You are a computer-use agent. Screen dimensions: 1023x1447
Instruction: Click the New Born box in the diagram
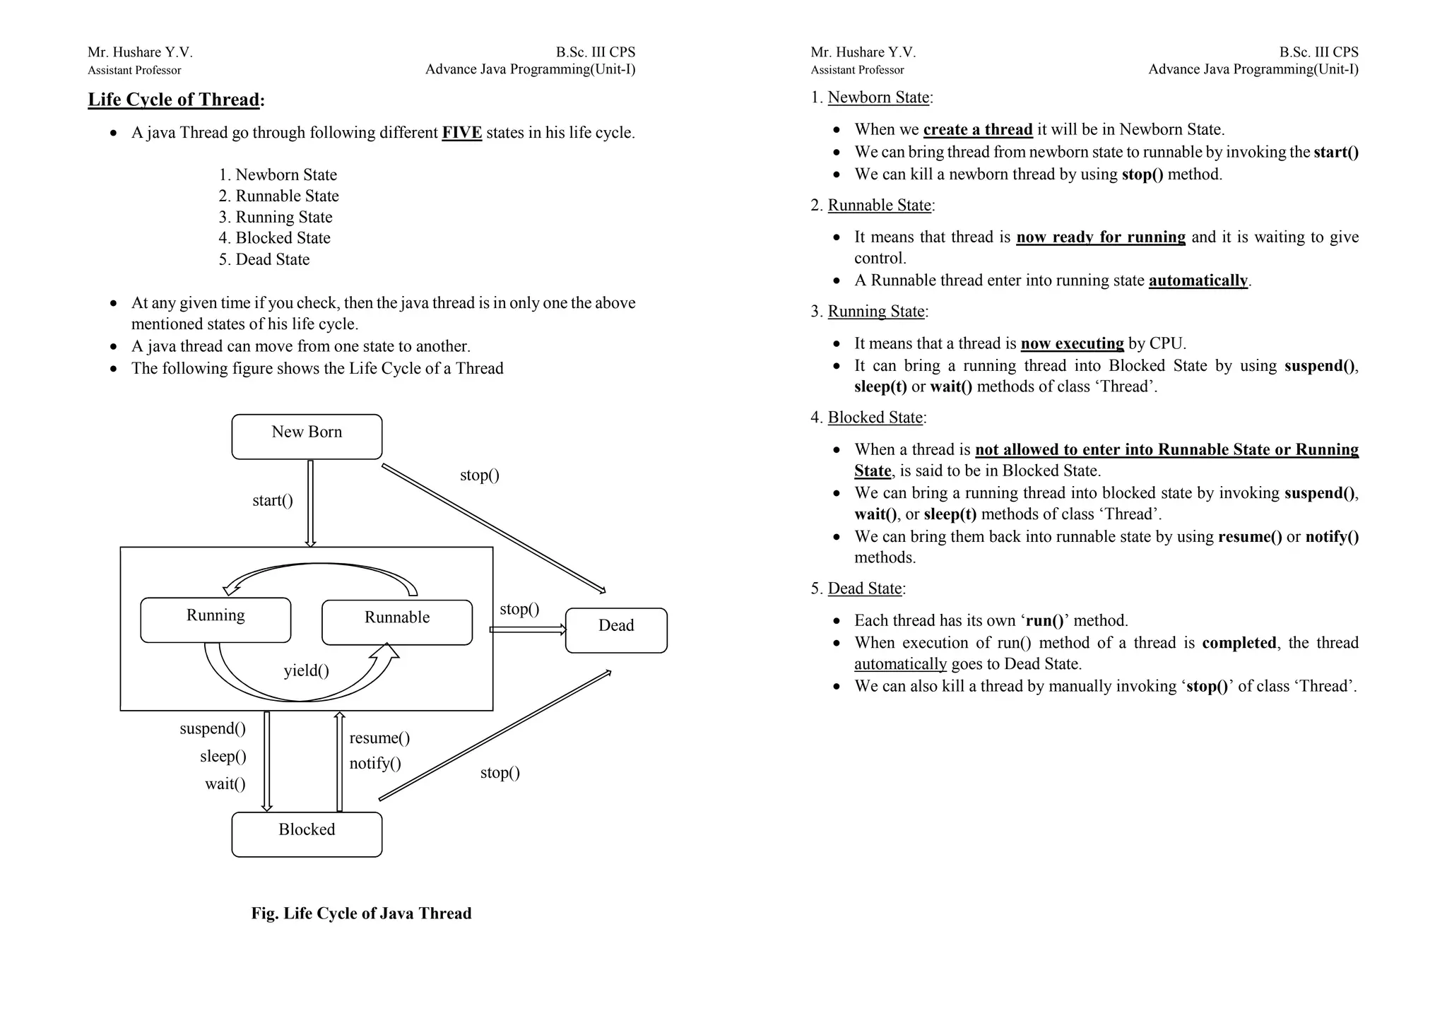pos(307,437)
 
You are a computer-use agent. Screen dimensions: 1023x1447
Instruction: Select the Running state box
pos(215,620)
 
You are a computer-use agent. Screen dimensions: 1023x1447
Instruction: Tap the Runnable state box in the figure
pos(396,622)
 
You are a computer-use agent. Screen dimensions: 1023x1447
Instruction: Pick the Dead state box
pos(616,629)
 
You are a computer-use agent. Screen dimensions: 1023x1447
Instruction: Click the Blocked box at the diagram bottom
pos(307,834)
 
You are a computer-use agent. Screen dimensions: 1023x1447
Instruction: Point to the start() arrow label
pos(273,500)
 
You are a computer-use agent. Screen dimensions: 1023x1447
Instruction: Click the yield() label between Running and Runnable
pos(307,670)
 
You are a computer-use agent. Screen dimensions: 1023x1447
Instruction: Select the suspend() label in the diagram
pos(213,728)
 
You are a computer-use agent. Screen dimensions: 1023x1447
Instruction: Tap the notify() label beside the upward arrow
pos(375,763)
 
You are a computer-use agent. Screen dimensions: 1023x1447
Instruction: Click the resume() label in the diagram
pos(379,738)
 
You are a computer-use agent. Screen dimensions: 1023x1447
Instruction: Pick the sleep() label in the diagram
pos(223,756)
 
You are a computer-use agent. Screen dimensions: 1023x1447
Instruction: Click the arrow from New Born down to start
pos(310,502)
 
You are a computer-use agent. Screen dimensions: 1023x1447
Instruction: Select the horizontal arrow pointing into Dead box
pos(528,629)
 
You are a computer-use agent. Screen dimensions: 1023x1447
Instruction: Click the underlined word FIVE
pos(462,133)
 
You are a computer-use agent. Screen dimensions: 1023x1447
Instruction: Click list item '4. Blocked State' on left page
pos(275,238)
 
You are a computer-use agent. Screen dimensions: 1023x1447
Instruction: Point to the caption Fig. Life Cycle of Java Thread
pos(361,913)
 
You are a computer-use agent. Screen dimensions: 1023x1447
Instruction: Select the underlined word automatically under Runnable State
pos(1198,280)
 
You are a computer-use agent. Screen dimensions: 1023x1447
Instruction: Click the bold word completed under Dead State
pos(1239,643)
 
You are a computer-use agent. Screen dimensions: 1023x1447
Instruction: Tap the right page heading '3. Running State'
pos(869,312)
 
